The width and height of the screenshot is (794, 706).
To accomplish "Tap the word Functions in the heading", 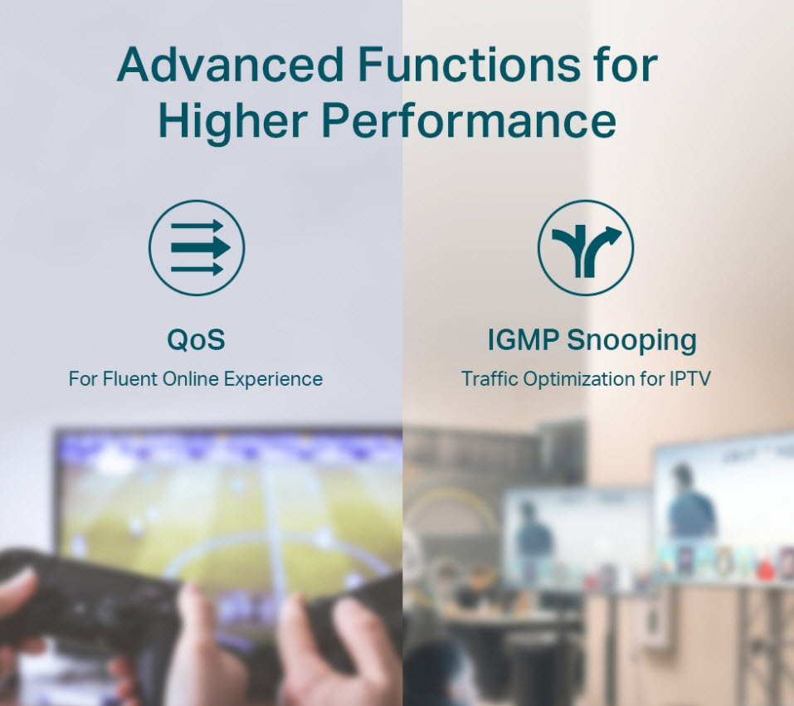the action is [470, 65].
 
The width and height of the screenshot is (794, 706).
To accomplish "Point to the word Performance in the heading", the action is [469, 120].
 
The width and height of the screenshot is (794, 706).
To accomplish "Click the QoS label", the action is [196, 339].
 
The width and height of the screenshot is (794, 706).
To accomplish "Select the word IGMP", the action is [523, 339].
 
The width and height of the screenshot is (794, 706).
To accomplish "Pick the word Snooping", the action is [631, 340].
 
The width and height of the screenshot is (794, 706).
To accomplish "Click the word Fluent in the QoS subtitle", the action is [130, 379].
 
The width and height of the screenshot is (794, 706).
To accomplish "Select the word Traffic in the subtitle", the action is [490, 379].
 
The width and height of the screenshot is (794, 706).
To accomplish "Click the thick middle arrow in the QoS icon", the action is [201, 248].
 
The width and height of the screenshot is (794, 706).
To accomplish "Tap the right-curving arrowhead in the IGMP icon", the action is [614, 235].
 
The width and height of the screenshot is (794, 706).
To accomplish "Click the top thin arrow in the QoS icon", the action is [197, 226].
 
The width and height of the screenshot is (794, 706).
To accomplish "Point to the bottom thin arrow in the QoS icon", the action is [197, 269].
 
